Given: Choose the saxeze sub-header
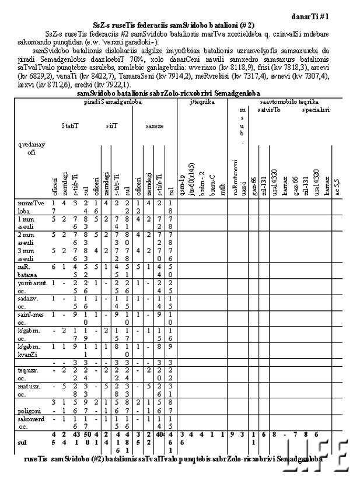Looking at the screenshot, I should [x=155, y=125].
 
